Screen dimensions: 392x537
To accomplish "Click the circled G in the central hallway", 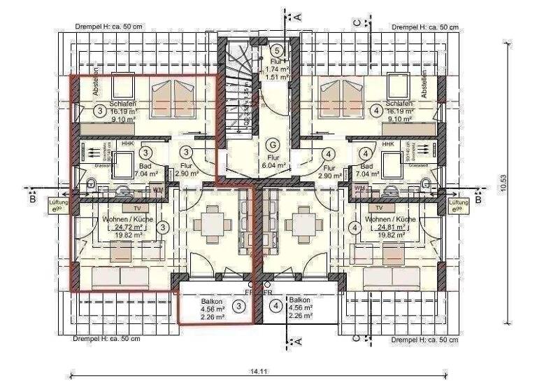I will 274,143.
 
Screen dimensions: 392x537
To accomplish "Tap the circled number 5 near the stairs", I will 278,50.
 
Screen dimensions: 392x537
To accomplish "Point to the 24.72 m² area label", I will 127,227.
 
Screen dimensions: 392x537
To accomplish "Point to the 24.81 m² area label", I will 396,227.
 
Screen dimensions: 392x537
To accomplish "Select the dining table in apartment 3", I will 213,223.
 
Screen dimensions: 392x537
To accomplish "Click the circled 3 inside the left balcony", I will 240,306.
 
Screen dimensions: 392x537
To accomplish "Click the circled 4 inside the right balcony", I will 277,305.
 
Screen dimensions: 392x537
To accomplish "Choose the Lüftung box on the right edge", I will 459,205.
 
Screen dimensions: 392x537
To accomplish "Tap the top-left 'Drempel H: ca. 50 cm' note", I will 108,27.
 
